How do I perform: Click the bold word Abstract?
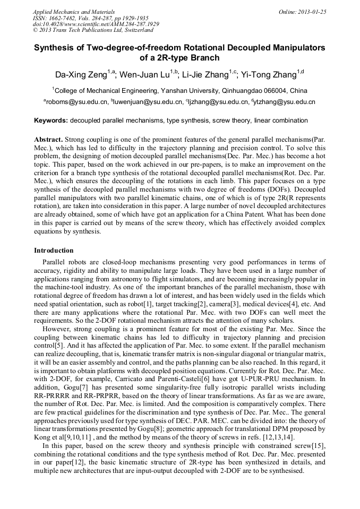(x=48, y=139)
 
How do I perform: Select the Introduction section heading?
(x=54, y=250)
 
